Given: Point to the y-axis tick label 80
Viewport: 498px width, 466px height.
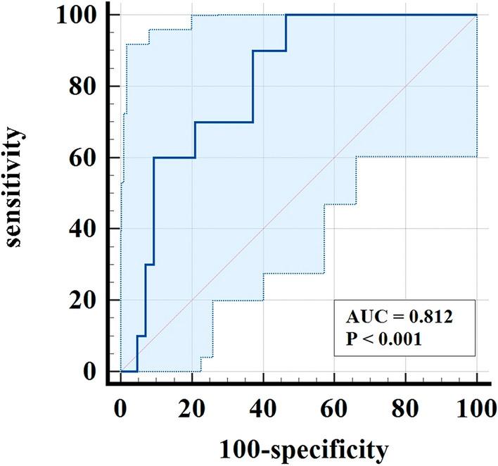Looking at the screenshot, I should pyautogui.click(x=82, y=87).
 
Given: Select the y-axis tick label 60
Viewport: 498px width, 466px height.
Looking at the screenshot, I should pyautogui.click(x=82, y=158).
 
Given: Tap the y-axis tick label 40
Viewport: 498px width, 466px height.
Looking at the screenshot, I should pyautogui.click(x=82, y=229).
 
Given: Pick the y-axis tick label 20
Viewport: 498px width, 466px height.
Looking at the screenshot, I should pyautogui.click(x=82, y=301).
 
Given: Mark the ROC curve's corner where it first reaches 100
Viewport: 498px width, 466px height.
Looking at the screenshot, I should pyautogui.click(x=286, y=15).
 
